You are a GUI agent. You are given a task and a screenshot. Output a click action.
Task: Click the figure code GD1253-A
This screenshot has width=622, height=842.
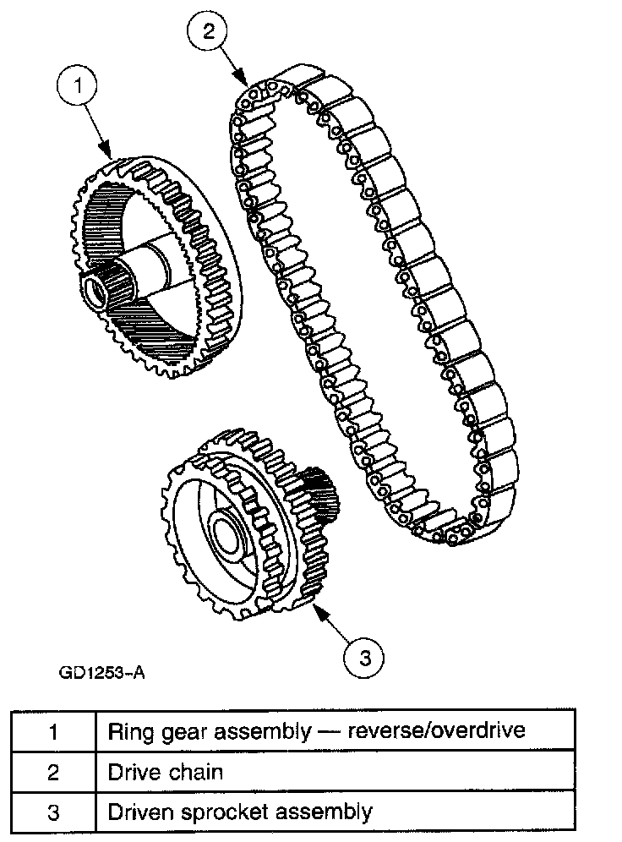(x=102, y=673)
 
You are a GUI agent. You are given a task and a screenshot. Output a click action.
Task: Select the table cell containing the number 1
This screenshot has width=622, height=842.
(x=53, y=731)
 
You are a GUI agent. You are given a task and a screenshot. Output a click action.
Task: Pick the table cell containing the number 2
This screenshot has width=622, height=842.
(x=53, y=772)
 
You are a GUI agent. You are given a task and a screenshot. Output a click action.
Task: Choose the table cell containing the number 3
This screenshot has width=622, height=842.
(x=53, y=812)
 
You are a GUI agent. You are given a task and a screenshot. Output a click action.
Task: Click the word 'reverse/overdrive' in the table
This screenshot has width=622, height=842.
(x=446, y=730)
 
